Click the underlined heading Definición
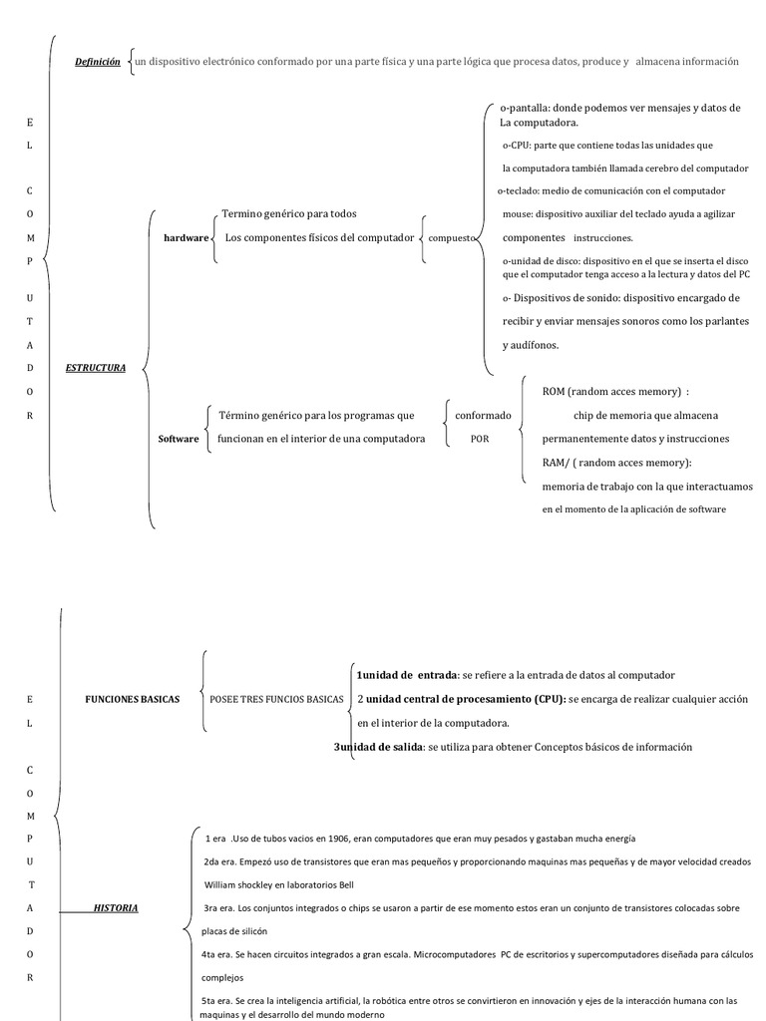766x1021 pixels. [x=98, y=62]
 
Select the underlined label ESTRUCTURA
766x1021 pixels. [x=96, y=368]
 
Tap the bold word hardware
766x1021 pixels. [x=187, y=238]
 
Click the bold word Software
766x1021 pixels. [x=179, y=439]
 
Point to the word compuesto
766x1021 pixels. [x=451, y=238]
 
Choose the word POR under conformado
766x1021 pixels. [x=480, y=439]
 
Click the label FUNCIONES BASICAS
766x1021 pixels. [x=133, y=699]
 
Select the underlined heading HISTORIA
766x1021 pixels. [x=116, y=907]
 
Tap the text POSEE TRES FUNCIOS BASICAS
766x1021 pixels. [x=276, y=699]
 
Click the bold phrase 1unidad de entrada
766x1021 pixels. [x=407, y=675]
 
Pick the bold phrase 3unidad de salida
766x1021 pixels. [x=379, y=747]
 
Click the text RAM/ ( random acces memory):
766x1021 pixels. [x=616, y=463]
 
